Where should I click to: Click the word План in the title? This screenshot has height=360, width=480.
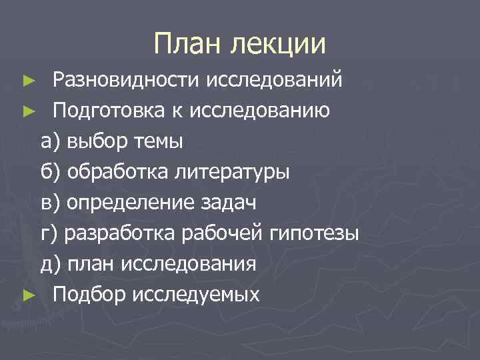pos(189,44)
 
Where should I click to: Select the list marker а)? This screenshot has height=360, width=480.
pos(50,141)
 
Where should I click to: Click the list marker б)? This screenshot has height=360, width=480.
pos(50,172)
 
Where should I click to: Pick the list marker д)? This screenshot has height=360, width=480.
pos(50,264)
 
